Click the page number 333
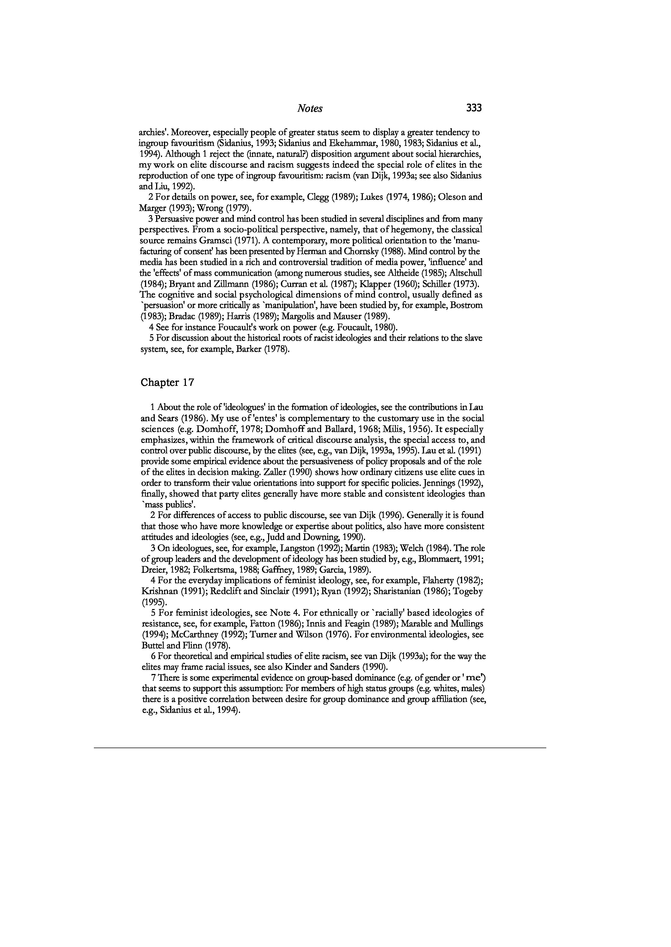474,108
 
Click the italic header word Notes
310,109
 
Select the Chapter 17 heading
167,383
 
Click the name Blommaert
441,559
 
